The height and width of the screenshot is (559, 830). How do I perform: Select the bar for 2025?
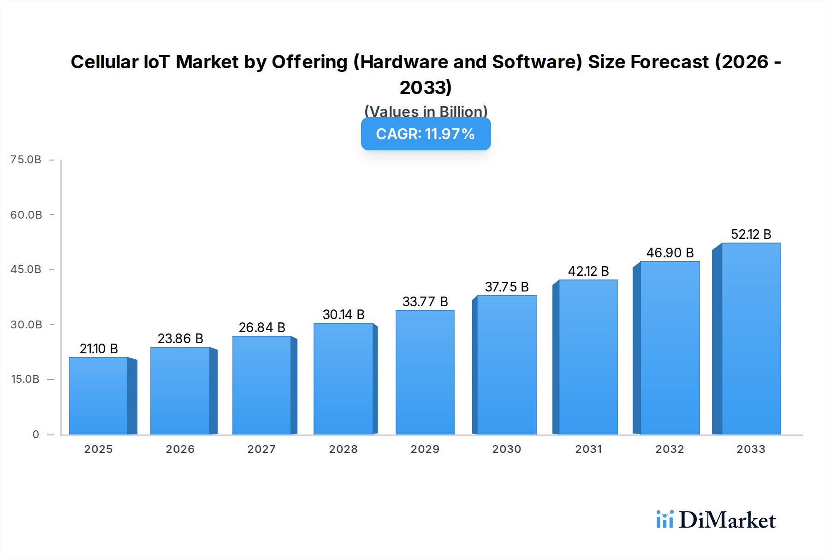(99, 396)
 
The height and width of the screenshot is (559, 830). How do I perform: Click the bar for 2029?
(425, 372)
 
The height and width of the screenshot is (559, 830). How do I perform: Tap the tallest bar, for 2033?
(751, 339)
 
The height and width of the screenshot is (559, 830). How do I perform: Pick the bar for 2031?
(588, 357)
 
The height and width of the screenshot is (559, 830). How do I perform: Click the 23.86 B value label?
(180, 339)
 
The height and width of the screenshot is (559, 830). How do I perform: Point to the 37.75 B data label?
(507, 287)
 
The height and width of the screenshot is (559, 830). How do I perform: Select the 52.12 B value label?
(751, 234)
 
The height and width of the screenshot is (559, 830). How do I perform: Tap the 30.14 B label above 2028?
(344, 315)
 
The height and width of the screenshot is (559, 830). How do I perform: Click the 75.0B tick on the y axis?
(26, 160)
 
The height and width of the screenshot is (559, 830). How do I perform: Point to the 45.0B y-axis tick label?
(26, 269)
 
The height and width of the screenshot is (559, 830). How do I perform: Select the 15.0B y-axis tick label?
(25, 379)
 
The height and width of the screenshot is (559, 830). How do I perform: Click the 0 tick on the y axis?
(36, 434)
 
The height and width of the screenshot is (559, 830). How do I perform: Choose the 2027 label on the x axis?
(261, 449)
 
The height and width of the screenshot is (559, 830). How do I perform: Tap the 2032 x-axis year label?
(670, 449)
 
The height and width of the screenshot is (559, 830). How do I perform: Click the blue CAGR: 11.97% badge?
(426, 134)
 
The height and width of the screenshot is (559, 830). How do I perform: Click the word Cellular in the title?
(104, 62)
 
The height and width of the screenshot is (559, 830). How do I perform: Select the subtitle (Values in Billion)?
(426, 111)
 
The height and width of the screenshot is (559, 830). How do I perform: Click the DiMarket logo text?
(727, 520)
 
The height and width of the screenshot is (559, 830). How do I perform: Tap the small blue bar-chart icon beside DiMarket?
(664, 519)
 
